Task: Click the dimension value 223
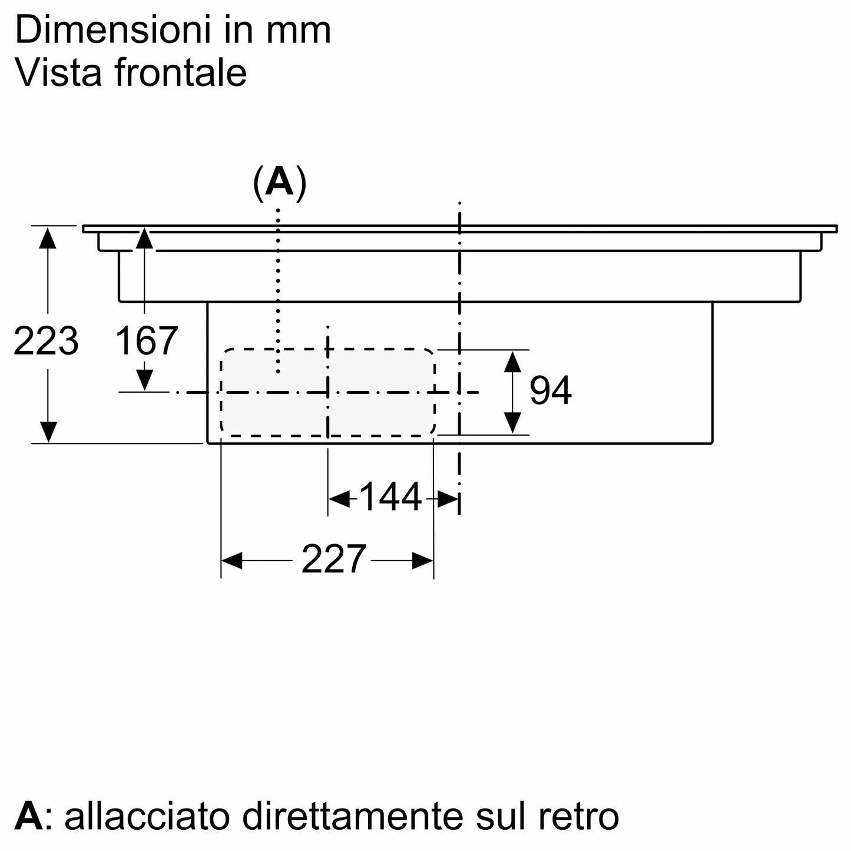pos(46,341)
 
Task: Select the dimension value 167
pos(146,341)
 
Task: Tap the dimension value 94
pos(550,390)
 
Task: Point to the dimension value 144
pos(390,497)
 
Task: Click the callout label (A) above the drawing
pos(279,183)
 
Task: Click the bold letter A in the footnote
pos(29,816)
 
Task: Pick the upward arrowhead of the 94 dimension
pos(512,361)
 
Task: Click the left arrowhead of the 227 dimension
pos(231,561)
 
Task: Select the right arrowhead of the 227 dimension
pos(423,561)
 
